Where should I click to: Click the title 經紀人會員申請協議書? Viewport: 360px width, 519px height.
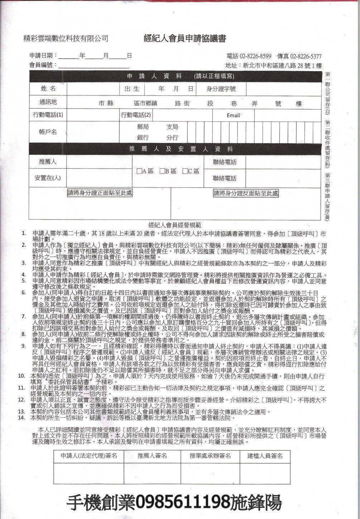coord(184,39)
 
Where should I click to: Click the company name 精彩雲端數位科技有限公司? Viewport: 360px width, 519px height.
coord(66,38)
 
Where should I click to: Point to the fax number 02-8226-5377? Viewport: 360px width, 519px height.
coord(306,56)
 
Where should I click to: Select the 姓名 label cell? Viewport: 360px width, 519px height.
coord(48,88)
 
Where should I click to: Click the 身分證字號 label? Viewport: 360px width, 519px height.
coord(221,89)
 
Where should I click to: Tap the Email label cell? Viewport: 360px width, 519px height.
coord(233,115)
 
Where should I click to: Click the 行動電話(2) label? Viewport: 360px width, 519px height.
coord(136,115)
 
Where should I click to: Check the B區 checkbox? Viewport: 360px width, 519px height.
coord(162,171)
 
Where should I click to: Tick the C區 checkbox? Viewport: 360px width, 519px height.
coord(185,171)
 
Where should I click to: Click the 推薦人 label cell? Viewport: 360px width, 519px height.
coord(48,162)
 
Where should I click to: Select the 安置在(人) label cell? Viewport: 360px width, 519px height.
coord(48,178)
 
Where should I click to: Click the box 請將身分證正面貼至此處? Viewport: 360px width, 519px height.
coord(100,193)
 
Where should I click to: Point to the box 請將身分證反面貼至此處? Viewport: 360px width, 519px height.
coord(246,193)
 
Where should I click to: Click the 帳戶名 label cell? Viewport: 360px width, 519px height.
coord(48,132)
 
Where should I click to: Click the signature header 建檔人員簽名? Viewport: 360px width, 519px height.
coord(265,456)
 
